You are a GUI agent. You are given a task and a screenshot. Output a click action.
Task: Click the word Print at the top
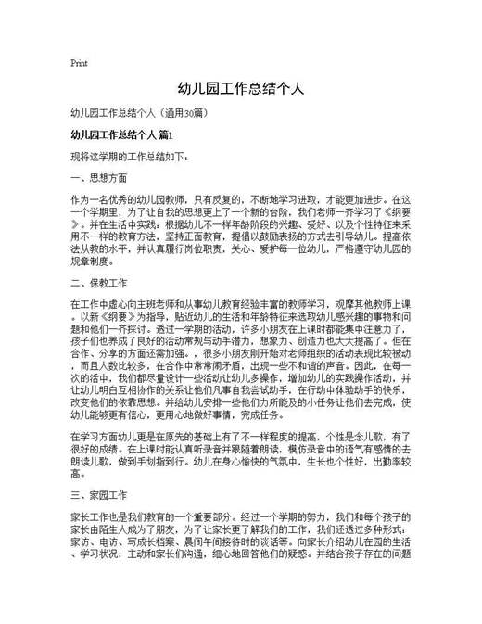79,63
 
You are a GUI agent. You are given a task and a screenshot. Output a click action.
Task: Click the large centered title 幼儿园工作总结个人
241,89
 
